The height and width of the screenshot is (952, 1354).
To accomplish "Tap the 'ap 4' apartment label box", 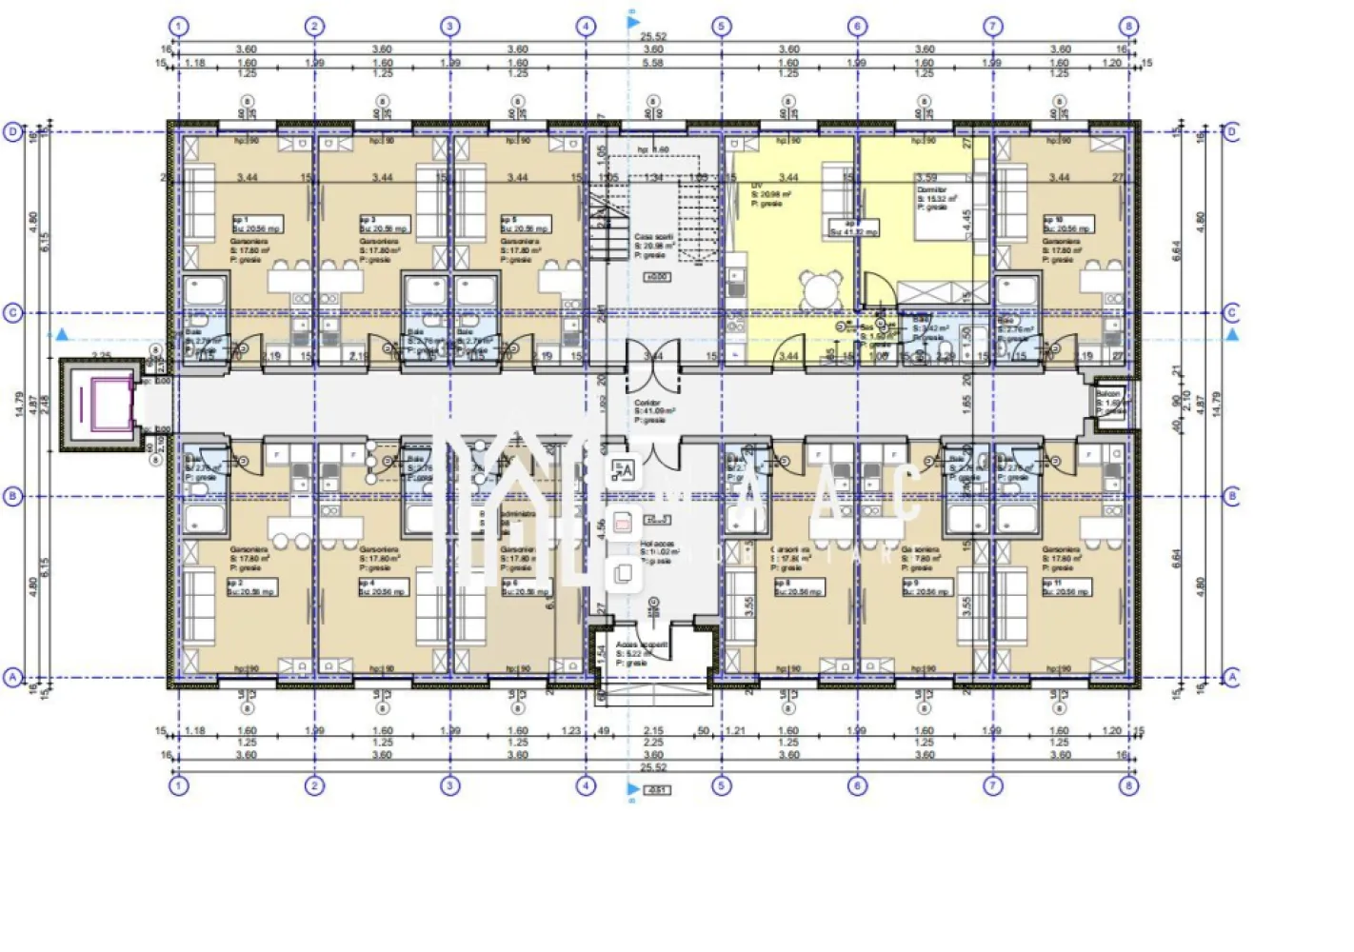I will click(384, 587).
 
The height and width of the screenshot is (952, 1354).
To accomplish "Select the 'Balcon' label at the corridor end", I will click(1108, 393).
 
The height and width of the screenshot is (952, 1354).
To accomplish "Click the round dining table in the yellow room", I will click(820, 288).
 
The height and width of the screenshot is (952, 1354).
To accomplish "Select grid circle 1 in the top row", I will click(178, 27).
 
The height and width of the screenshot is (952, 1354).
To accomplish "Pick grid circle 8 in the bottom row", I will click(1128, 785).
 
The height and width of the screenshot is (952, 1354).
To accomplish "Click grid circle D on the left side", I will click(12, 132).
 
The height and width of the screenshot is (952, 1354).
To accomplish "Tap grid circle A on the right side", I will click(1231, 677).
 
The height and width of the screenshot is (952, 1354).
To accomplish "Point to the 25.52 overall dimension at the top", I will click(653, 37).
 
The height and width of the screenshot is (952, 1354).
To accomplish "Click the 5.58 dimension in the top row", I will click(653, 63).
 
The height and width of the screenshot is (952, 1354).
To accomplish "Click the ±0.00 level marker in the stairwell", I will click(656, 277).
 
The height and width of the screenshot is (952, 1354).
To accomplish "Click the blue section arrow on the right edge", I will click(1233, 335).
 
